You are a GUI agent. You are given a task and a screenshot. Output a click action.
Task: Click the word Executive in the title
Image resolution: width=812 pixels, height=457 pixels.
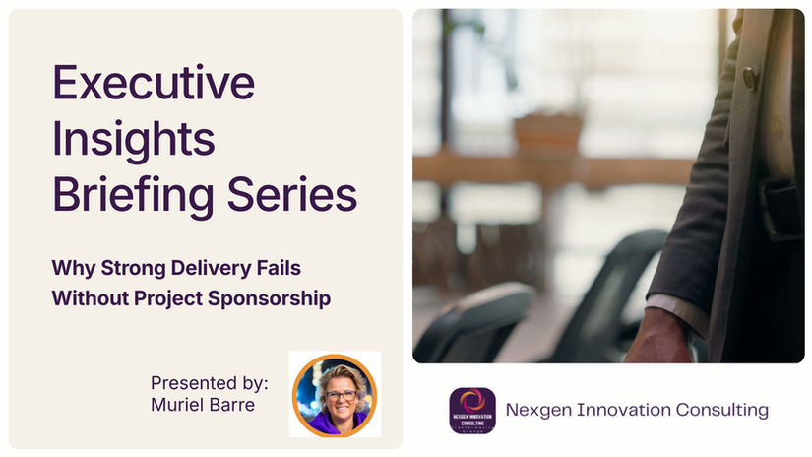(154, 85)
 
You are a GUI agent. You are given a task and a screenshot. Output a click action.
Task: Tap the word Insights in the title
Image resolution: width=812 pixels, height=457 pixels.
(133, 139)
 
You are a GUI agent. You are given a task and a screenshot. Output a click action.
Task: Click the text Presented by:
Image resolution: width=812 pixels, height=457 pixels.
(209, 381)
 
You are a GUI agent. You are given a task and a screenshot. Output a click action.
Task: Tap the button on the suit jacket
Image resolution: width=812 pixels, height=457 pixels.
(751, 78)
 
